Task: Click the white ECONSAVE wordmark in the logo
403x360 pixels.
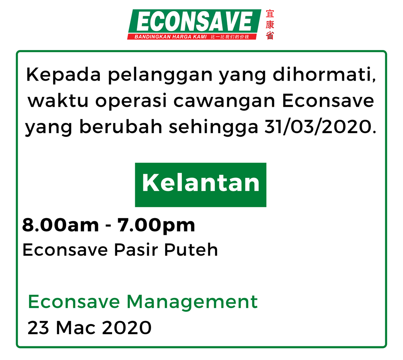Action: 195,21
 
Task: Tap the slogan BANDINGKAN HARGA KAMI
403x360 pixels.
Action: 170,37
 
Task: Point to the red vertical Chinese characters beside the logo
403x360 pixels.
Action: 270,25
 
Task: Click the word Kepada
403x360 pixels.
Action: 64,75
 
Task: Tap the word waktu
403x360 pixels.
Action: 58,101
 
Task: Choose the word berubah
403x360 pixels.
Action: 121,127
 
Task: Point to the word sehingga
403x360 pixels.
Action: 213,127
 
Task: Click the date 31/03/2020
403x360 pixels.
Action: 318,127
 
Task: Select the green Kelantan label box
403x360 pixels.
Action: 201,185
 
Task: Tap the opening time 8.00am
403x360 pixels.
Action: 61,225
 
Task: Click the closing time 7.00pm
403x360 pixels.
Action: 156,226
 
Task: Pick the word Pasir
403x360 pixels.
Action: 136,250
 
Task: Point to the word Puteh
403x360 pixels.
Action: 191,250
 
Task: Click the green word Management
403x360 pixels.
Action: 192,302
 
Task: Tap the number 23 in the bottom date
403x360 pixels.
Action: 38,328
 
